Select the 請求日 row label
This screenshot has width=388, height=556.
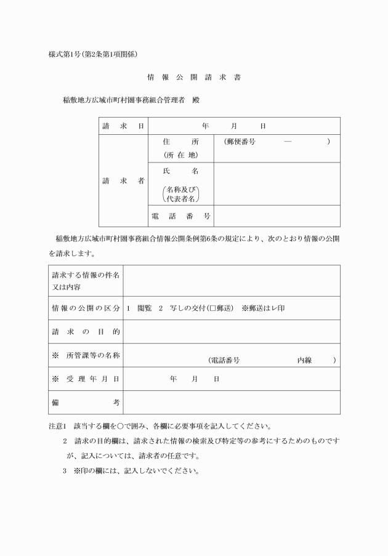tap(123, 126)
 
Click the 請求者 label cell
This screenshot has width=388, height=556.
tap(123, 180)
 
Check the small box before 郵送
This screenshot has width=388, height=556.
tap(211, 308)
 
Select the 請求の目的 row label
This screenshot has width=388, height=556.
tap(86, 332)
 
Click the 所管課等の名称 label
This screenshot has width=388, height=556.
tap(86, 355)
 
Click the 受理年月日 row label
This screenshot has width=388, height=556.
tap(86, 379)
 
